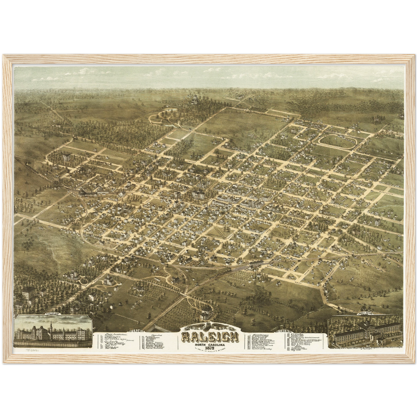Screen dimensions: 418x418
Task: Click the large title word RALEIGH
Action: coord(210,337)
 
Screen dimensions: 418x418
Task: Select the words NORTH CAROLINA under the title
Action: coord(210,343)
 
